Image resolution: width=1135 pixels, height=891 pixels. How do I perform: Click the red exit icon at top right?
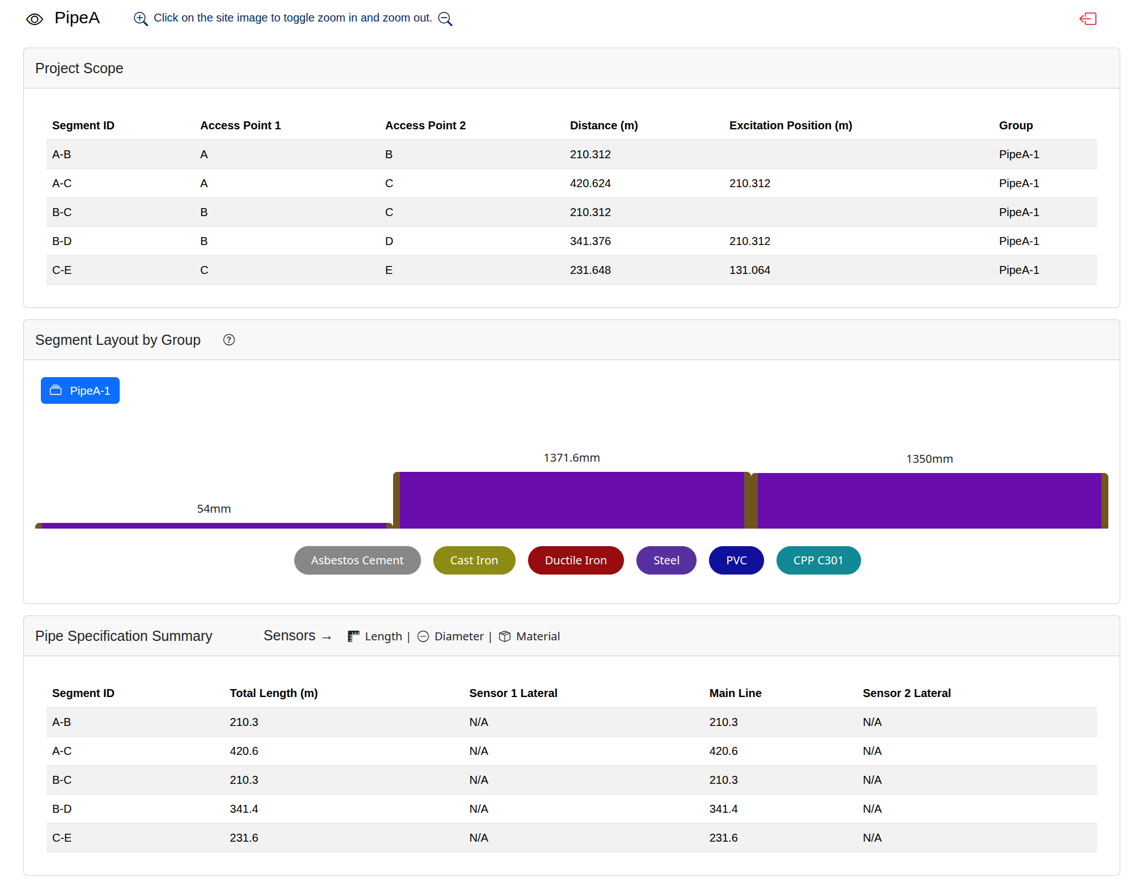[1088, 19]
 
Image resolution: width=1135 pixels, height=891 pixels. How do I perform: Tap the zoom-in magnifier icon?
[141, 19]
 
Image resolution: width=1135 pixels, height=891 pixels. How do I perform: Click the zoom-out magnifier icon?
[445, 19]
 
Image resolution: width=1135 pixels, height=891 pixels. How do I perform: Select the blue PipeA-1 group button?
[80, 390]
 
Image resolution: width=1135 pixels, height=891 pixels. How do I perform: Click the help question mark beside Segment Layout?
[229, 340]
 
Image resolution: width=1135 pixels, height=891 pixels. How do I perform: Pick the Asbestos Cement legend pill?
[357, 560]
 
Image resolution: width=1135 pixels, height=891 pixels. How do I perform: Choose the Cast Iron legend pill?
[474, 560]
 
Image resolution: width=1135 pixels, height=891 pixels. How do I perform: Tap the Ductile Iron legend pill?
[576, 560]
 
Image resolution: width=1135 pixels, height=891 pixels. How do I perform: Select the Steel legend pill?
[666, 560]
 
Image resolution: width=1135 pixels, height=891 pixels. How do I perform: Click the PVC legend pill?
[736, 560]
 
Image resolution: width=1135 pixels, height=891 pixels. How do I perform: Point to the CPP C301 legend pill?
[818, 560]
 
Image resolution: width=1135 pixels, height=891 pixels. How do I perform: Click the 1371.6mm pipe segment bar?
[572, 500]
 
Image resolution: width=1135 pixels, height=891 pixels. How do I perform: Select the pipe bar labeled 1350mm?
[930, 501]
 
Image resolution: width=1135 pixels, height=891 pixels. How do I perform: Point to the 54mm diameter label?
[214, 509]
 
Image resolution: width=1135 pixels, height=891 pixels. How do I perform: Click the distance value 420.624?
[590, 183]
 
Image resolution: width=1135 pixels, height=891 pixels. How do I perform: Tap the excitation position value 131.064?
[750, 270]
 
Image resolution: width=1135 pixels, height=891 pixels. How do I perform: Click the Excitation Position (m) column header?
[791, 125]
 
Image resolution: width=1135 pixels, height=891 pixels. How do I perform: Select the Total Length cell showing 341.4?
[244, 809]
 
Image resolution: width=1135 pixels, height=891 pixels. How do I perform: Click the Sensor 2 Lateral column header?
[906, 693]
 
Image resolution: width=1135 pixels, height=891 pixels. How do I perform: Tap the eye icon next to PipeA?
[35, 19]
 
